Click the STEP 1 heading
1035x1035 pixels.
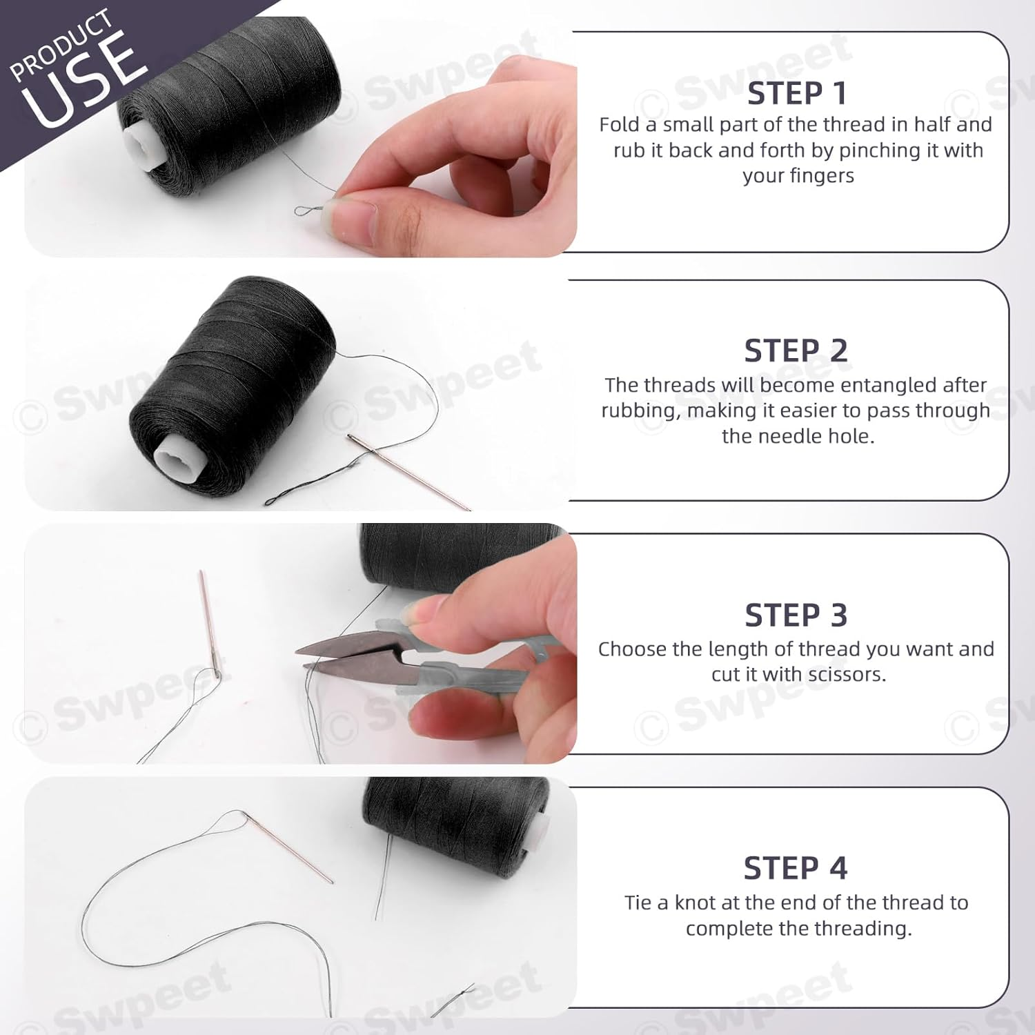tap(796, 94)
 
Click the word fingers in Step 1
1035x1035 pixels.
tap(821, 176)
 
